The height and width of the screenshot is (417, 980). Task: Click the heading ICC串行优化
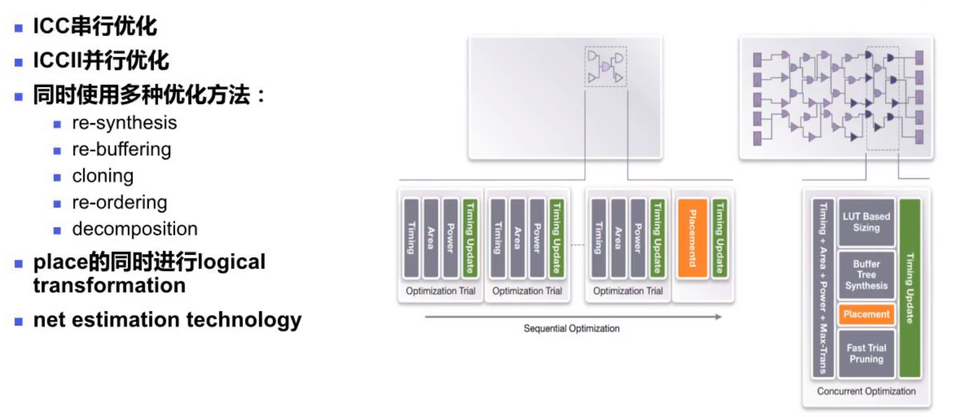tap(95, 26)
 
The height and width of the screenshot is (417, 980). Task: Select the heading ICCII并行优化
tap(101, 60)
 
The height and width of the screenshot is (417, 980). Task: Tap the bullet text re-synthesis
tap(124, 123)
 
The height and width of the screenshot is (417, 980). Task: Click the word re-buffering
tap(122, 149)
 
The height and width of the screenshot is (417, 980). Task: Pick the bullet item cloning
tap(103, 176)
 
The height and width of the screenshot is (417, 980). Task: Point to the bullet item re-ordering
tap(119, 203)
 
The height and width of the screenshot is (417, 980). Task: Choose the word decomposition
tap(135, 229)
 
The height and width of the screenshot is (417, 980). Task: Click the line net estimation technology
tap(167, 320)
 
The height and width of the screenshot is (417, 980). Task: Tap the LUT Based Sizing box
tap(866, 222)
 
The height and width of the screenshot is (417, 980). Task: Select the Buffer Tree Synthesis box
tap(866, 275)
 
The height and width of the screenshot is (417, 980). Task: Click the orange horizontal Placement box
tap(866, 314)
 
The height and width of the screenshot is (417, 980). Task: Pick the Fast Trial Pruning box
tap(866, 353)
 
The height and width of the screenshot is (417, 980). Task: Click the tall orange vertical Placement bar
tap(693, 238)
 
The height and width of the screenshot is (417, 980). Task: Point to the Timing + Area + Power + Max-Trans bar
tap(823, 288)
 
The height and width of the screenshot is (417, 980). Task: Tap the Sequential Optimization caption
tap(571, 328)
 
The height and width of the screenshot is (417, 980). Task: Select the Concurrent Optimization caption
tap(866, 391)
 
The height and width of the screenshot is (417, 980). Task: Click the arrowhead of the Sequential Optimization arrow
tap(719, 317)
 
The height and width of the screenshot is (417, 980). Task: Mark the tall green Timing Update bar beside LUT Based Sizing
tap(910, 288)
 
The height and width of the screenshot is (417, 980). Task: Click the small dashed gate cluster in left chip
tap(605, 66)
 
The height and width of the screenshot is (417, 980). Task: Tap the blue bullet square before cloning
tap(57, 177)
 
